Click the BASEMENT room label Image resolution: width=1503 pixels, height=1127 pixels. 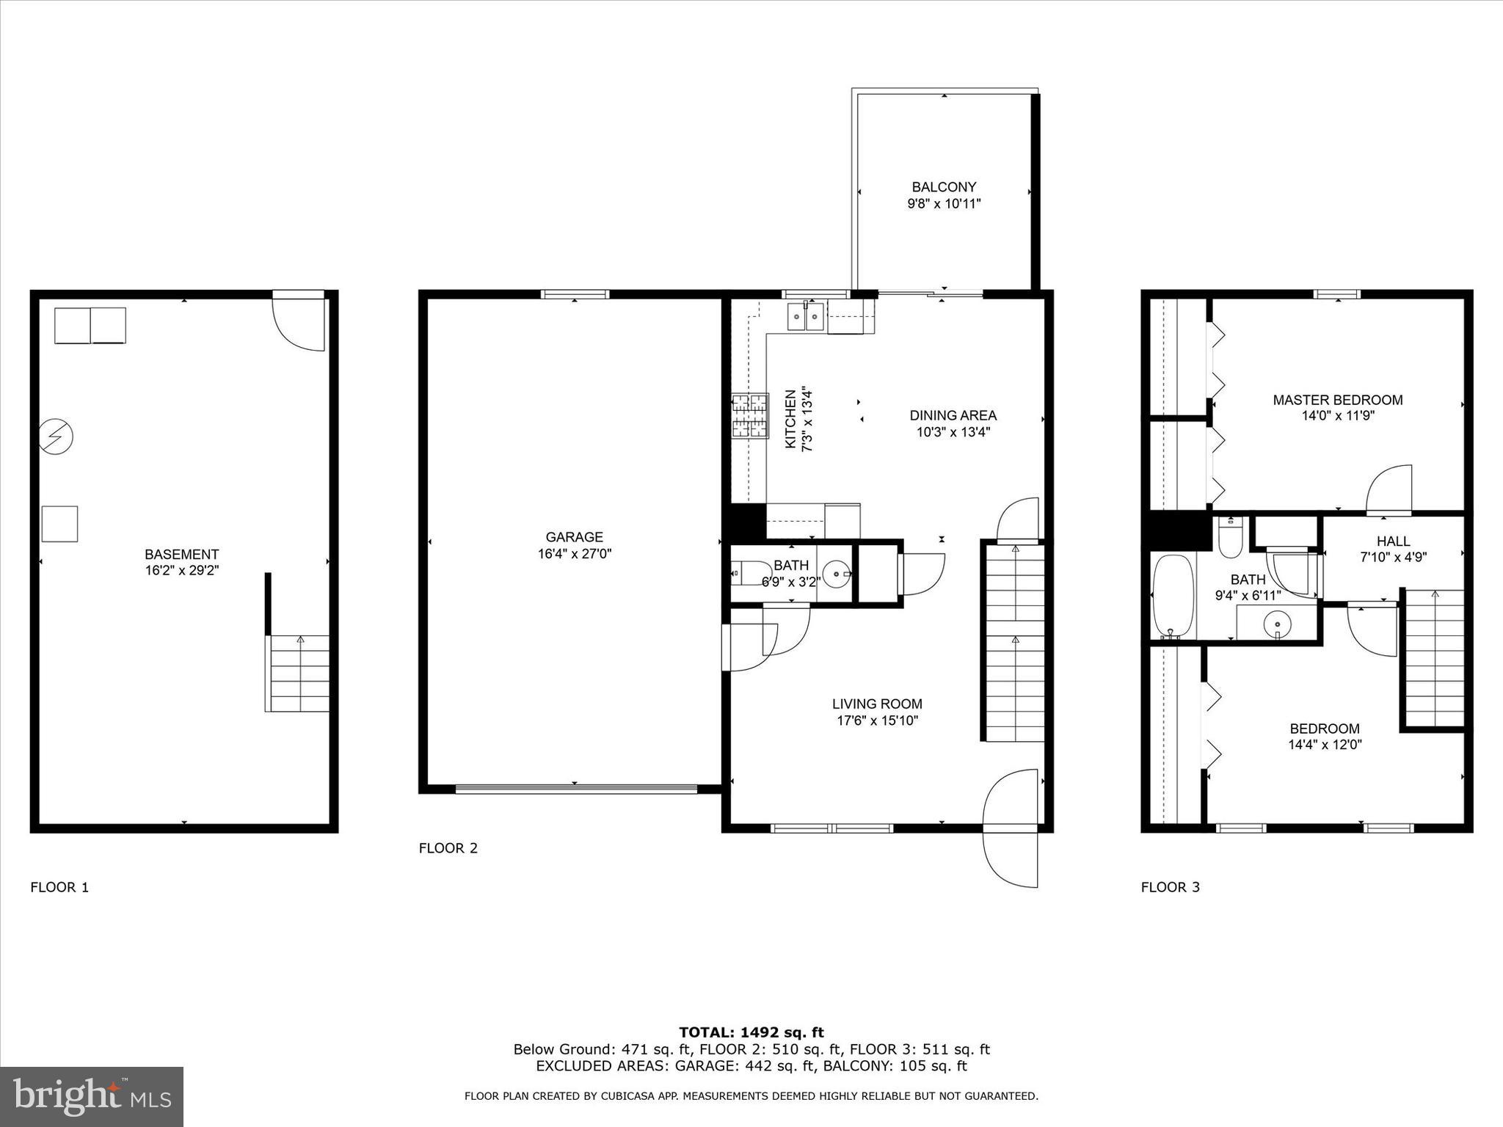(x=181, y=555)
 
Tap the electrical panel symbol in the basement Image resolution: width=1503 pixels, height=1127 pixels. (x=56, y=437)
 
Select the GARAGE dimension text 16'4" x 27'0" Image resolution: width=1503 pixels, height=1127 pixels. (x=574, y=554)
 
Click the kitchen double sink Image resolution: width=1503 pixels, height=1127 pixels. (x=807, y=318)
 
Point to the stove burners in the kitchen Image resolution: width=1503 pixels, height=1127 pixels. (x=749, y=416)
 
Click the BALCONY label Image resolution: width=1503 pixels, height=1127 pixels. (x=944, y=187)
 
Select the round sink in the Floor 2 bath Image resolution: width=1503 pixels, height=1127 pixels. (x=837, y=574)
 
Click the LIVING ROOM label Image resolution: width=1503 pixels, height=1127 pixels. (x=877, y=704)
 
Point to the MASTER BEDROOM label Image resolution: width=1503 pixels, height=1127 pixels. (x=1337, y=400)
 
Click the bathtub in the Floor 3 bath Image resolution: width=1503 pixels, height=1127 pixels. (x=1173, y=596)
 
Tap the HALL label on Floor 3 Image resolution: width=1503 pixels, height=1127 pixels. (x=1393, y=541)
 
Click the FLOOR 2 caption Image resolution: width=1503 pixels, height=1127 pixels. (x=448, y=848)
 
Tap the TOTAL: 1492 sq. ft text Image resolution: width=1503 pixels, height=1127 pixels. (x=751, y=1033)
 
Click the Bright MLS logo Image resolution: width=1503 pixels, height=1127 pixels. (x=92, y=1096)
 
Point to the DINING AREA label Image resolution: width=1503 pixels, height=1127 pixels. (x=953, y=415)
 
